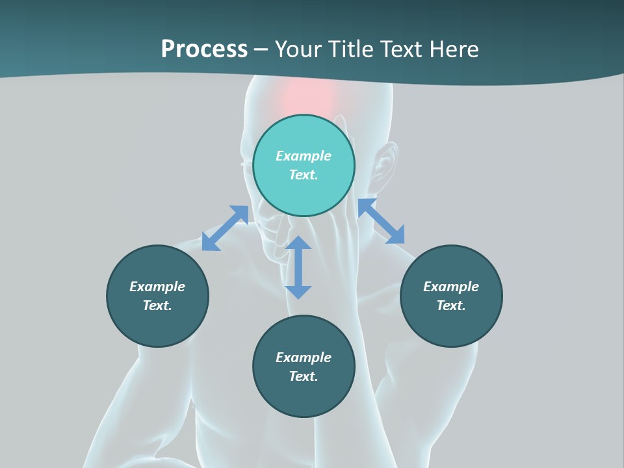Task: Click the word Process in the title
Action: pos(204,49)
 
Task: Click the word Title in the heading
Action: pos(350,49)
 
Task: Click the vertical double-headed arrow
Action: pos(298,267)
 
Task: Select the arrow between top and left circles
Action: pos(225,228)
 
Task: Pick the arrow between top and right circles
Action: pos(381,221)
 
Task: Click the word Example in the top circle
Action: pos(304,156)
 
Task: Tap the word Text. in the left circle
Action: pos(157,305)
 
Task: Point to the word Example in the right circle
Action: pos(451,287)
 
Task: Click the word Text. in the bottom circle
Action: pos(304,376)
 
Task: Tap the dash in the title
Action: pos(261,49)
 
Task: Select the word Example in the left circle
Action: pos(157,287)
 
